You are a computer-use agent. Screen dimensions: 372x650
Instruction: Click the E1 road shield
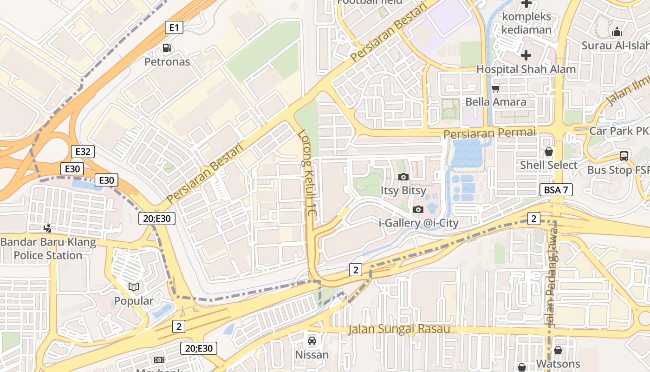click(x=174, y=28)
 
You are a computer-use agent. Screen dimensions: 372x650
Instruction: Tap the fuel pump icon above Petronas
click(x=167, y=48)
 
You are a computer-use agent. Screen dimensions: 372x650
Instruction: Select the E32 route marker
click(x=84, y=151)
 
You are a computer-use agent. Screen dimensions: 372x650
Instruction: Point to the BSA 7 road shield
click(x=556, y=190)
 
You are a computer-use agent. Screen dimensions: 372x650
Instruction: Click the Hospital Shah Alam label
click(x=526, y=69)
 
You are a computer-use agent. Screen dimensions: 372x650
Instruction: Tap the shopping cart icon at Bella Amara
click(x=496, y=88)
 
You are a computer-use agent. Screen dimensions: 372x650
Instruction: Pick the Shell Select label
click(x=548, y=165)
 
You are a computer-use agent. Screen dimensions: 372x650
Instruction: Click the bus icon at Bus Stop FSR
click(x=624, y=156)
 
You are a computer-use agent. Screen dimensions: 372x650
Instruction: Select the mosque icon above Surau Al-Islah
click(x=617, y=32)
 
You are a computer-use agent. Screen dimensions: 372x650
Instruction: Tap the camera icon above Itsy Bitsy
click(x=403, y=177)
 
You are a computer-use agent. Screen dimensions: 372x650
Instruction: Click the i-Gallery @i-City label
click(x=419, y=223)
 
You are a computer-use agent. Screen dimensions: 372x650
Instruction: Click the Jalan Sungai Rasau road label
click(x=399, y=329)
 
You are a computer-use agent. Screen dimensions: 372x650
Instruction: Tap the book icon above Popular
click(x=134, y=287)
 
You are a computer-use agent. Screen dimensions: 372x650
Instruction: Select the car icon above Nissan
click(x=312, y=341)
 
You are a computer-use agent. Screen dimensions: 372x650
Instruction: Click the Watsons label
click(x=558, y=363)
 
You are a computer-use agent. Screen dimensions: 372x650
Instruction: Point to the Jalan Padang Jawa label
click(x=551, y=279)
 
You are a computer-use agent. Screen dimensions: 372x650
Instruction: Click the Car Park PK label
click(x=618, y=131)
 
